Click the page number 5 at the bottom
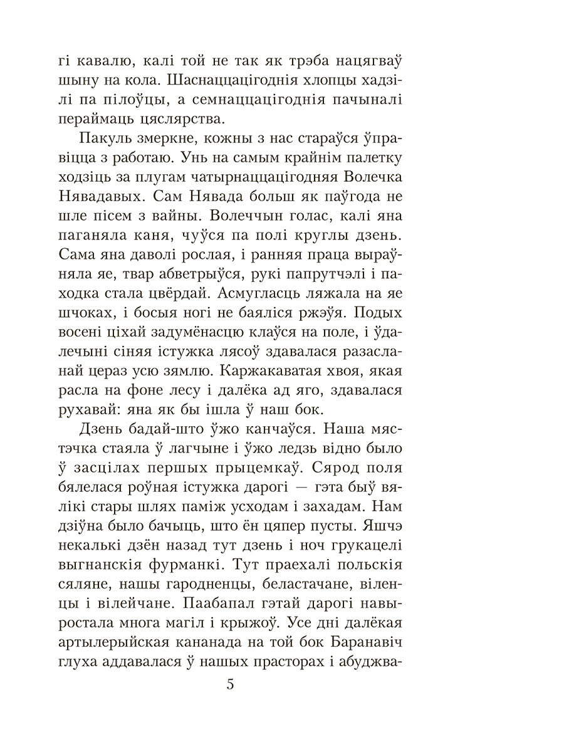click(230, 684)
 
